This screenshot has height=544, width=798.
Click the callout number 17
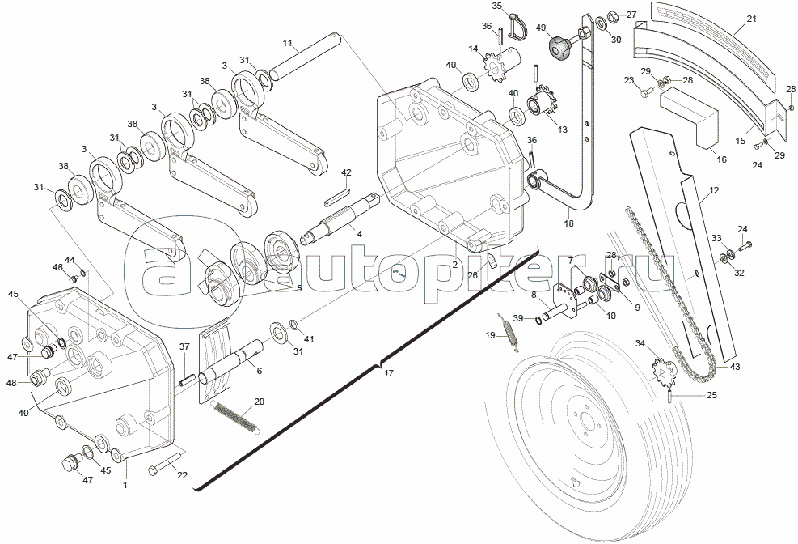(x=389, y=374)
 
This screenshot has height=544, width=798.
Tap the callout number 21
(x=751, y=19)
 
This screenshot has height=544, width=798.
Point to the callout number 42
(x=346, y=172)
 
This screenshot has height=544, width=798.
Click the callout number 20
(x=259, y=402)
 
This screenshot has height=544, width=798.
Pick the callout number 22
(x=182, y=475)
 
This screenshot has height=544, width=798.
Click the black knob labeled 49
(x=559, y=47)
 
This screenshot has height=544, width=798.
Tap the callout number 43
(x=735, y=367)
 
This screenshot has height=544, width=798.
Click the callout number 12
(x=713, y=192)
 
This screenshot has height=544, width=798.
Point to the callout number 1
(x=125, y=484)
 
